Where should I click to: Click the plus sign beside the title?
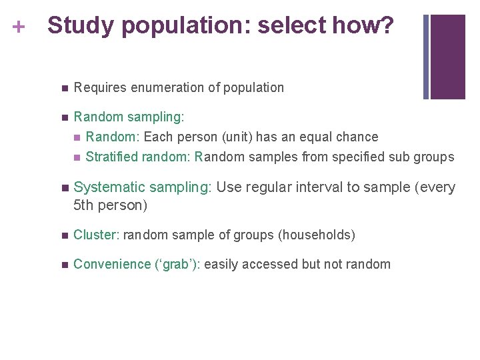click(x=18, y=27)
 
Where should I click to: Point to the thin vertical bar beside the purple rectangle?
click(x=427, y=57)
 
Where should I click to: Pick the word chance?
click(x=360, y=137)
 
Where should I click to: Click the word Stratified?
click(x=111, y=157)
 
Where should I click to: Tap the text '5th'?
click(x=83, y=205)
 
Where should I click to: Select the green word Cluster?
click(x=96, y=235)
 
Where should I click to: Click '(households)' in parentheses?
click(x=317, y=235)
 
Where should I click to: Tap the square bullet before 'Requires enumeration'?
click(x=63, y=88)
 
